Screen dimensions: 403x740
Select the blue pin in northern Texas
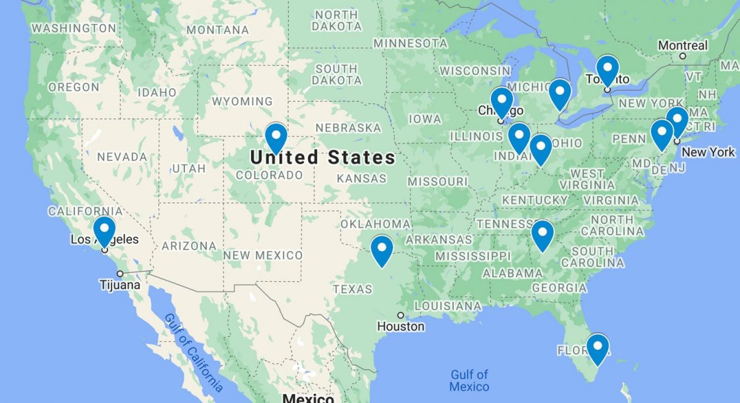(382, 249)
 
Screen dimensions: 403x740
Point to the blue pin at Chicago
(501, 101)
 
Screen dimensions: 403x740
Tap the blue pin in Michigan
(560, 93)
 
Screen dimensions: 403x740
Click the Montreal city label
(683, 45)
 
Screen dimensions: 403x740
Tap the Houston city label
(401, 326)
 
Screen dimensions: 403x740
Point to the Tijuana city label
(120, 285)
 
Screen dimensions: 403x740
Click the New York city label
(709, 152)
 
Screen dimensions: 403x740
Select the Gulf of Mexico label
(469, 380)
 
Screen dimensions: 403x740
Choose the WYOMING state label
(242, 101)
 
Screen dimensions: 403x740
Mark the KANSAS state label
(361, 178)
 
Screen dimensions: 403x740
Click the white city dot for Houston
(400, 315)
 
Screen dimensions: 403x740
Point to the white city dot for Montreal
(683, 56)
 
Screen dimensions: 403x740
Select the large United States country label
(322, 157)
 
